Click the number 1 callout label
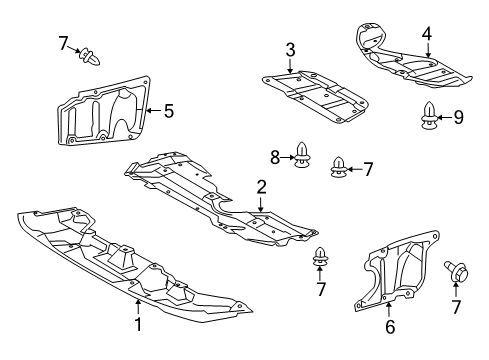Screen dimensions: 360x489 pyautogui.click(x=137, y=324)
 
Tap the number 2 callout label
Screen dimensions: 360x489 pyautogui.click(x=261, y=186)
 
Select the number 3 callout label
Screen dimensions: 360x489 pyautogui.click(x=290, y=49)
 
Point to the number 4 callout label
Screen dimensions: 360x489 pyautogui.click(x=426, y=33)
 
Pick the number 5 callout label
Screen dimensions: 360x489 pyautogui.click(x=168, y=111)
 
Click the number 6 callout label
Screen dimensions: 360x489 pyautogui.click(x=390, y=325)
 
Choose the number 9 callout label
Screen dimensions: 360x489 pyautogui.click(x=458, y=118)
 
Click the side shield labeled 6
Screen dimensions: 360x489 pyautogui.click(x=400, y=270)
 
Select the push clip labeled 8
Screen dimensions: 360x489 pyautogui.click(x=303, y=156)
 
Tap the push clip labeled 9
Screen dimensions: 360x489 pyautogui.click(x=430, y=119)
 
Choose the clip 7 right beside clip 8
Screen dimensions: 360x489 pyautogui.click(x=340, y=169)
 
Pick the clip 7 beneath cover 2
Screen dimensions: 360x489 pyautogui.click(x=321, y=258)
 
